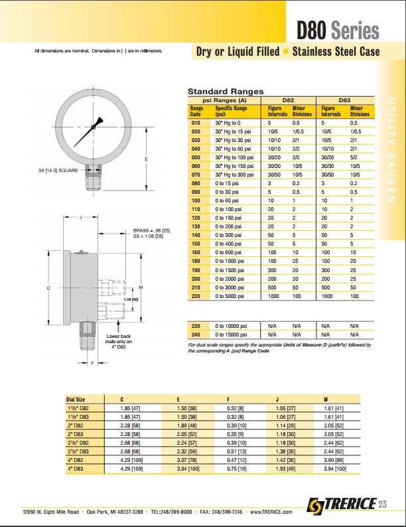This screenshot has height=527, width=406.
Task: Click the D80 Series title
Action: [338, 31]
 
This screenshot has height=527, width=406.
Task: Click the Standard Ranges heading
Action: [226, 92]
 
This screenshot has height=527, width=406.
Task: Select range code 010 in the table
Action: [196, 123]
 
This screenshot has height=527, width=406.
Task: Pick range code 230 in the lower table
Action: [196, 327]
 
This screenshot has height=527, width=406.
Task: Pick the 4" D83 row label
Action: [76, 469]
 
